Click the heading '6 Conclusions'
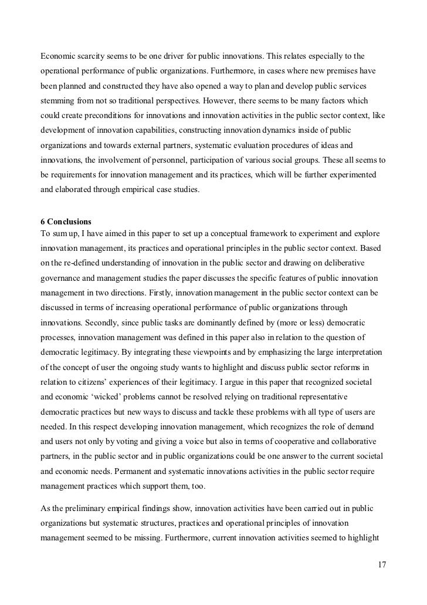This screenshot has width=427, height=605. click(65, 222)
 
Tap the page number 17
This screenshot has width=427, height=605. click(382, 565)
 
